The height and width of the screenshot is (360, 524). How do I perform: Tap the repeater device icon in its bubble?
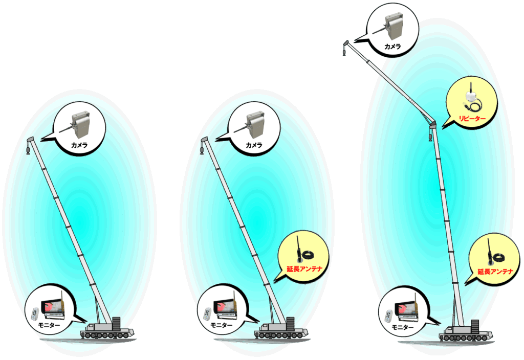point(470,100)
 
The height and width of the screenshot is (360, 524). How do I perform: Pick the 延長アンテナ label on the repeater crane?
point(495,272)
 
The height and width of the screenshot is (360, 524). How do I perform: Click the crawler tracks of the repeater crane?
point(466,337)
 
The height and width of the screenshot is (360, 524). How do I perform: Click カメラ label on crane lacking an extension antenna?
point(79,145)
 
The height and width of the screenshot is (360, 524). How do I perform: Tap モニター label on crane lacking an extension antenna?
point(49,325)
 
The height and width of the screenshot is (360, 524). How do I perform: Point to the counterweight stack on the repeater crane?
point(475,326)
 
